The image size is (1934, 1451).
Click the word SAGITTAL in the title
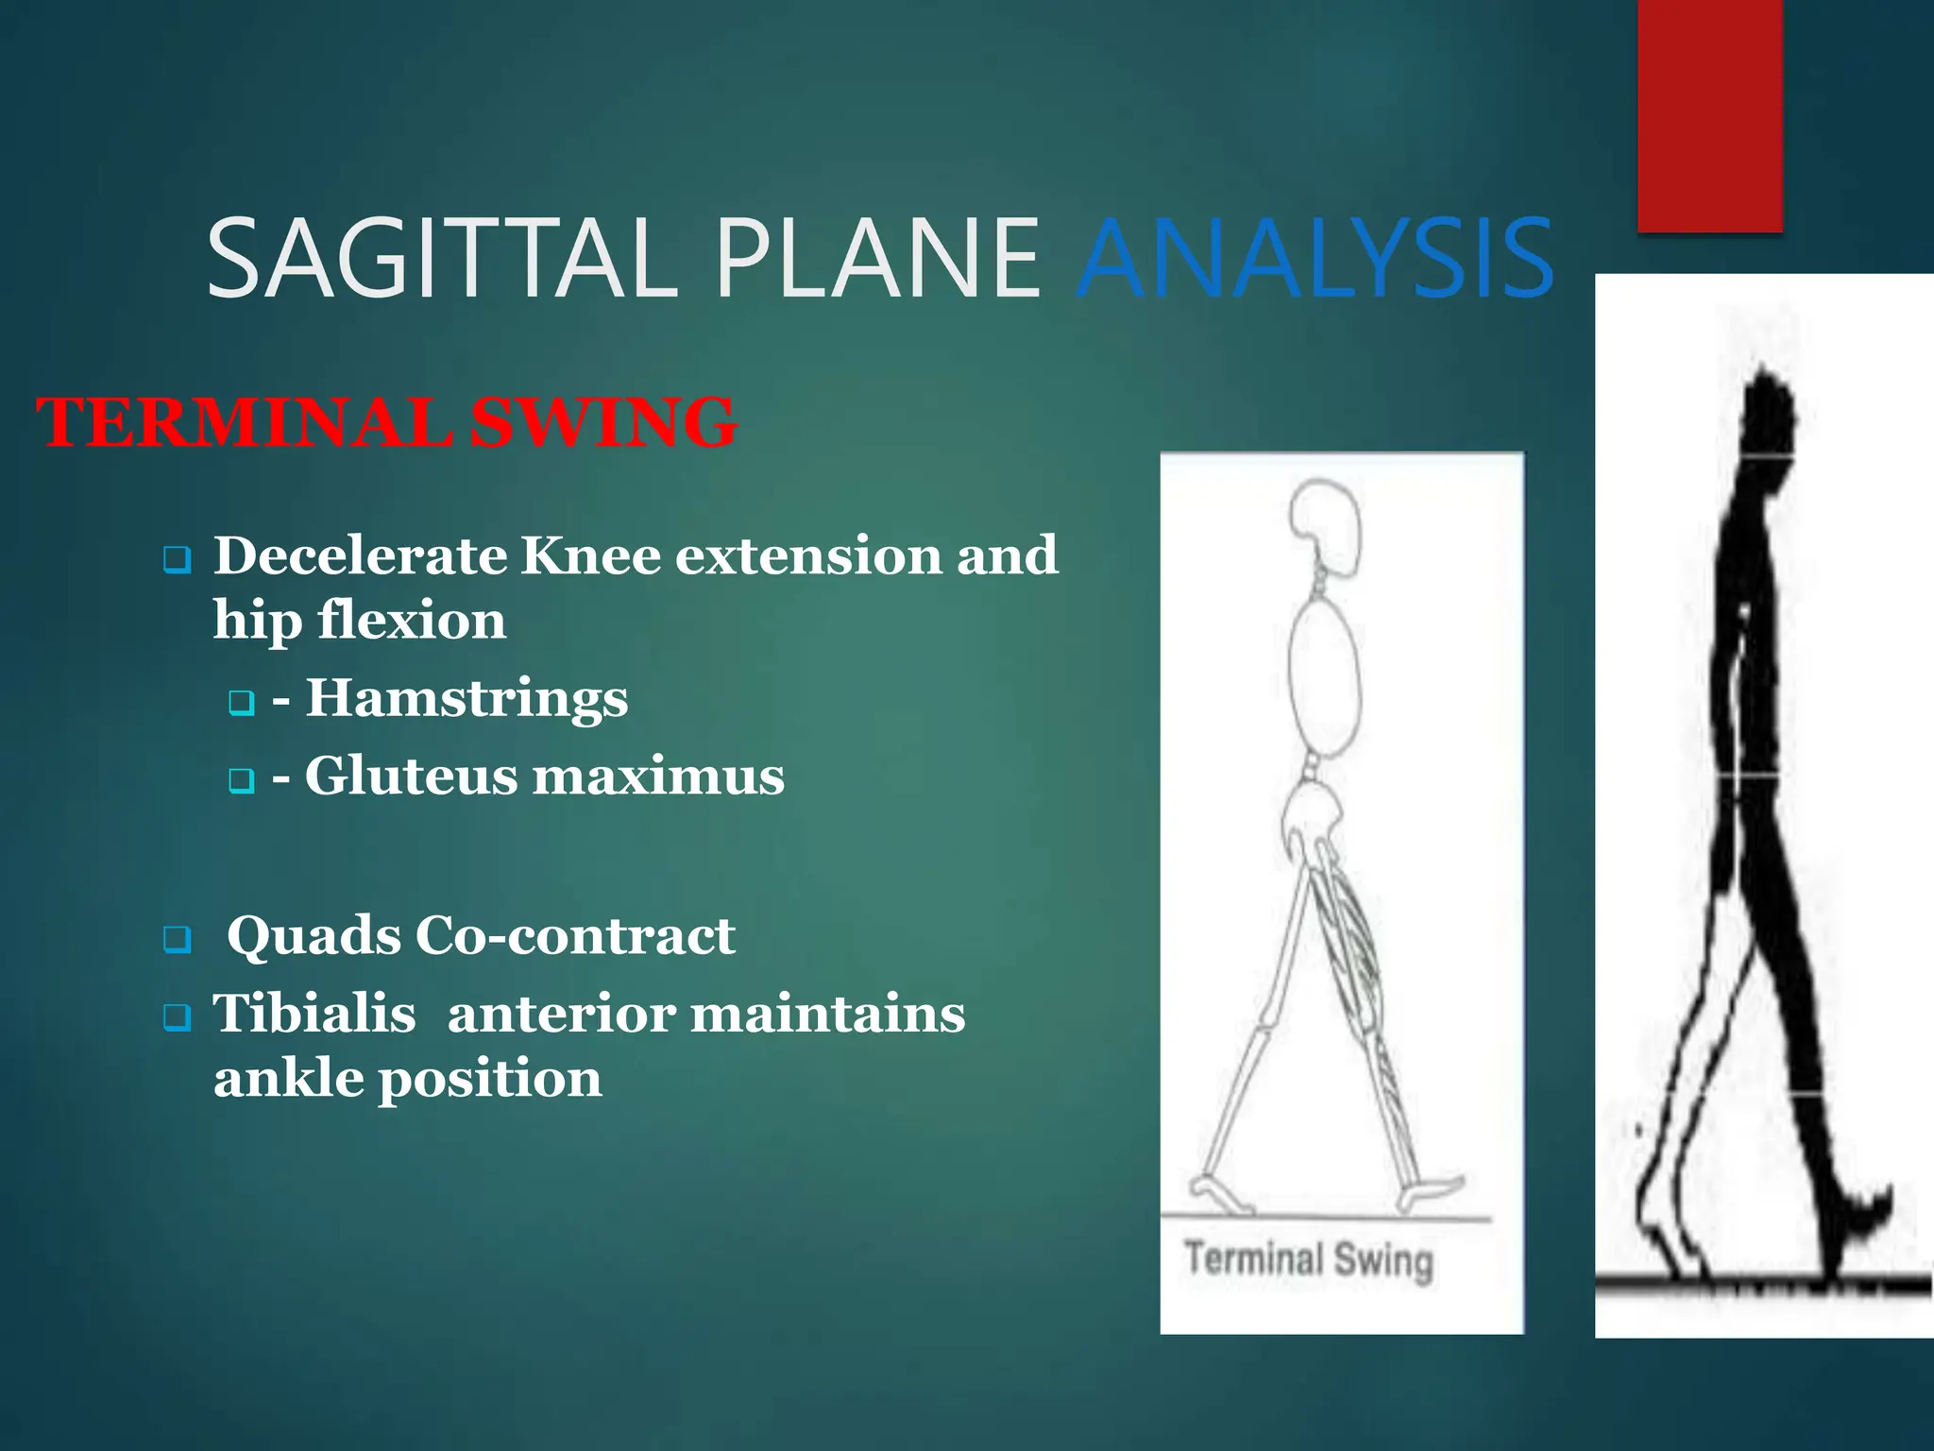tap(439, 259)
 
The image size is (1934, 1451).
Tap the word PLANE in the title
tap(878, 259)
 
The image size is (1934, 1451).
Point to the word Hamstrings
tap(467, 699)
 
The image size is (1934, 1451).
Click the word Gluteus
tap(411, 777)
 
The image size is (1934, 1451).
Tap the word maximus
tap(658, 777)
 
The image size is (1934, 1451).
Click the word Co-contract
tap(575, 937)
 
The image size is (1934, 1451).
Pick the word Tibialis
tap(314, 1015)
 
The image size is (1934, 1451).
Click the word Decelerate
tap(358, 555)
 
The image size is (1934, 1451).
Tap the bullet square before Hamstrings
tap(242, 703)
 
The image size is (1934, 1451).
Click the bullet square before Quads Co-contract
tap(177, 940)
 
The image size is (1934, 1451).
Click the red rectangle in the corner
tap(1709, 113)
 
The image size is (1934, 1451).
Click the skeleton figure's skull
tap(1326, 520)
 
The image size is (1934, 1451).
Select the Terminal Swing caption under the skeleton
tap(1309, 1259)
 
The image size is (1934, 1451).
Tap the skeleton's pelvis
tap(1311, 812)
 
